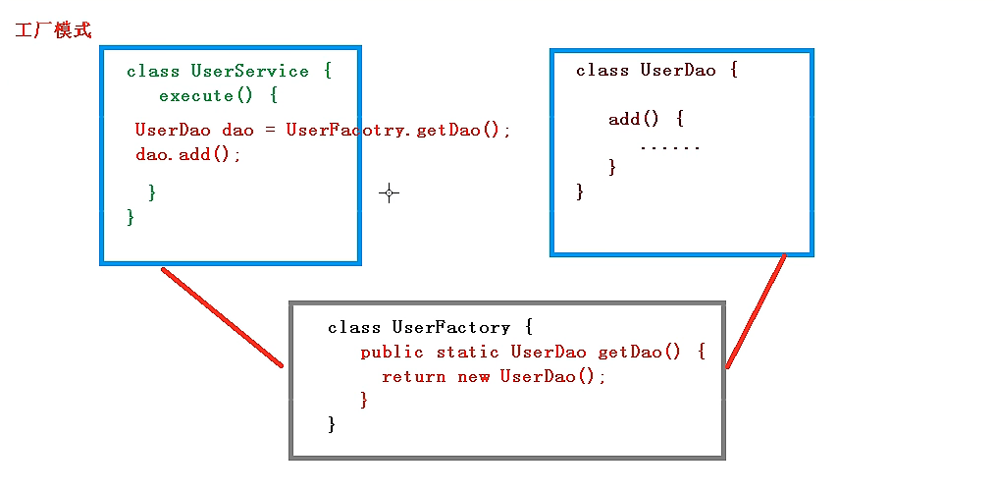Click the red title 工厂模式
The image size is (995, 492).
(53, 30)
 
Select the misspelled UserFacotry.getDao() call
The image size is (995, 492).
(397, 130)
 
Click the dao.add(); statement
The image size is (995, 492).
(187, 154)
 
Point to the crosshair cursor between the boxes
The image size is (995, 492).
(389, 193)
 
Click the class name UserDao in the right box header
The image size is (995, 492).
(678, 70)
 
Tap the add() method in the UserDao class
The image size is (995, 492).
(633, 119)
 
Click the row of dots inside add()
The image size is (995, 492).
(669, 146)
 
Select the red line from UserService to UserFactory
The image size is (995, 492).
(222, 317)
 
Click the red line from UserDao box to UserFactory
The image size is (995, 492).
(757, 311)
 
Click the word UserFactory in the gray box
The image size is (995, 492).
(450, 327)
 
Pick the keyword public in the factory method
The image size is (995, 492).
(393, 352)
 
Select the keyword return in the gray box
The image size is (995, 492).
(413, 376)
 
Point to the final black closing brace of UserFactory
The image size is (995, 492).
(332, 424)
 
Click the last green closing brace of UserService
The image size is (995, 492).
(131, 216)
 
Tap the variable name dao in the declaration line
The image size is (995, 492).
(237, 130)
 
